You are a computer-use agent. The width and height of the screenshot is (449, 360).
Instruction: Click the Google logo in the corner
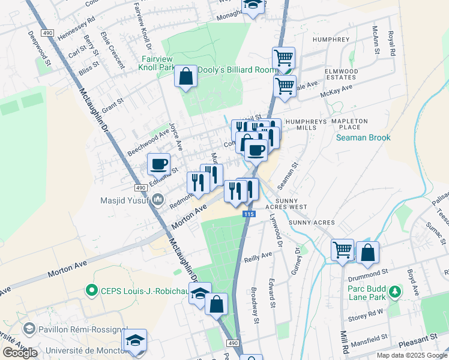click(20, 353)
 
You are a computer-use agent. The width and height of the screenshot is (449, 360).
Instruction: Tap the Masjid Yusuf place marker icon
click(158, 200)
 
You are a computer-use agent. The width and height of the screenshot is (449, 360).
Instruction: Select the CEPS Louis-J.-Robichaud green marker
click(92, 291)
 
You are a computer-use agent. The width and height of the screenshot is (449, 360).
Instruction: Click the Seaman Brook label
click(364, 137)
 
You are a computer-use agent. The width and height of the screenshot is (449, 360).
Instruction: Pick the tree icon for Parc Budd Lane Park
click(394, 292)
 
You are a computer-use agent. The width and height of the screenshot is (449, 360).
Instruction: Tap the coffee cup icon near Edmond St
click(159, 163)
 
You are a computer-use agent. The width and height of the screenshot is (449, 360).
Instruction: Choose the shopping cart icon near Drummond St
click(342, 250)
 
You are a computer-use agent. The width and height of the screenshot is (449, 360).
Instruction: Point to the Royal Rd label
click(391, 44)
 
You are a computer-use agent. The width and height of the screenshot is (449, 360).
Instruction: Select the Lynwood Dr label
click(276, 230)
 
